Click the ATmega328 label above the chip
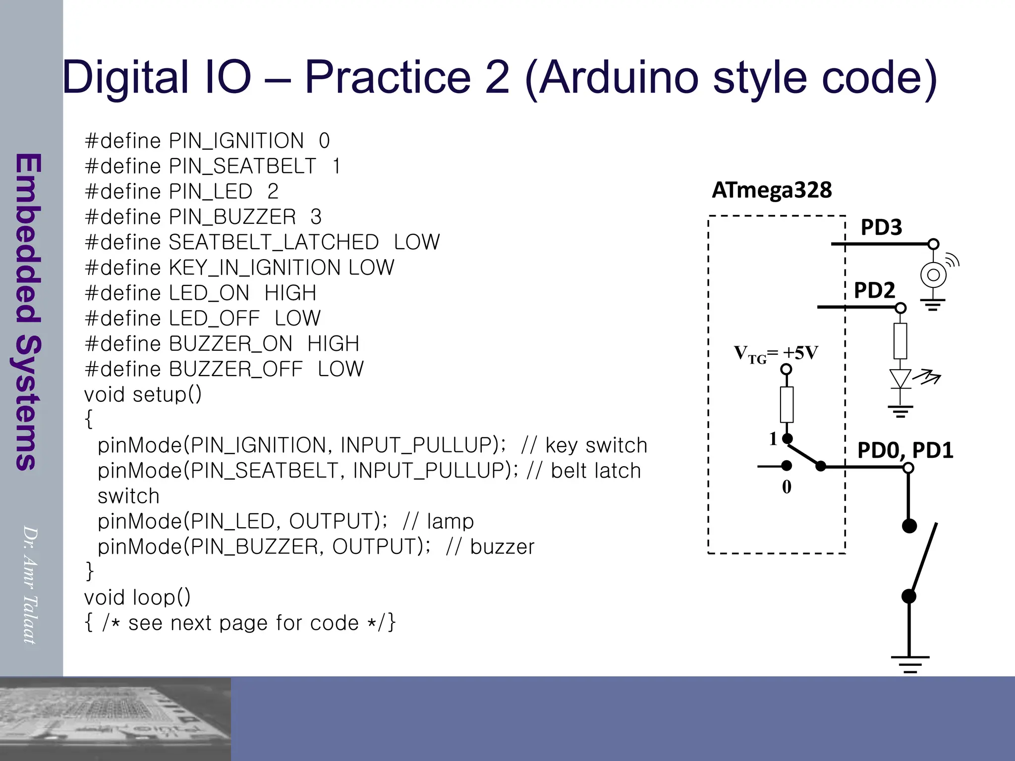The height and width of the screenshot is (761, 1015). click(772, 190)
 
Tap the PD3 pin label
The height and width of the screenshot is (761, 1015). click(881, 227)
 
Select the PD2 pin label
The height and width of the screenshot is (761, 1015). click(874, 290)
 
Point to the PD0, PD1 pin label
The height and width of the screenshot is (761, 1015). click(905, 450)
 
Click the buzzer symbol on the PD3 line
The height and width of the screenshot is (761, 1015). click(934, 274)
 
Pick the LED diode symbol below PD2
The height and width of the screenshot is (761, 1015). click(901, 379)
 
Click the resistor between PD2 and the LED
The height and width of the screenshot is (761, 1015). click(901, 341)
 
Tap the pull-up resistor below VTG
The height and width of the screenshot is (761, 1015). click(787, 404)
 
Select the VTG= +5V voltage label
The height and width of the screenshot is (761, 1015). click(776, 354)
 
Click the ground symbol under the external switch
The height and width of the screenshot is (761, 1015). click(910, 663)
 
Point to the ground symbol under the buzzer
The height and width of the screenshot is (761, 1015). click(933, 304)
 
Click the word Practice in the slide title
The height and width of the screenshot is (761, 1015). click(387, 77)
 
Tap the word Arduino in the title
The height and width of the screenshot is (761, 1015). click(620, 77)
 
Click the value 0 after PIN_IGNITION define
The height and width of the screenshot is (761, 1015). click(324, 141)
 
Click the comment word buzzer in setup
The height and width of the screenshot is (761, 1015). click(502, 547)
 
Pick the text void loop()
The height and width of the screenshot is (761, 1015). click(137, 598)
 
